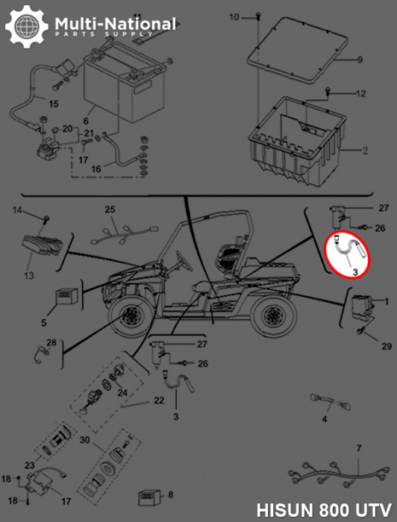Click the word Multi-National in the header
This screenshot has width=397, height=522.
(x=116, y=24)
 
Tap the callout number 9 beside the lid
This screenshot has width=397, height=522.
(x=359, y=60)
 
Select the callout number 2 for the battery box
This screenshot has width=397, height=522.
(x=366, y=150)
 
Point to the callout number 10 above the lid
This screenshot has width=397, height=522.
(x=234, y=16)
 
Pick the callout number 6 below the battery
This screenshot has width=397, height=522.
(x=86, y=121)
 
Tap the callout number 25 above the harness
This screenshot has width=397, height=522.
(x=110, y=210)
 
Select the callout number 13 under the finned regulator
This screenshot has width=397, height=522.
(x=29, y=276)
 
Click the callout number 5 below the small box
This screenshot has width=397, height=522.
(x=43, y=322)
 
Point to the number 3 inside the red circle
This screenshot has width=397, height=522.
(x=355, y=274)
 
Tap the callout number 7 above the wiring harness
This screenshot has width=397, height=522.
(x=358, y=448)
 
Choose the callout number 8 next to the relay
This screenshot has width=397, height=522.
(x=170, y=494)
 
